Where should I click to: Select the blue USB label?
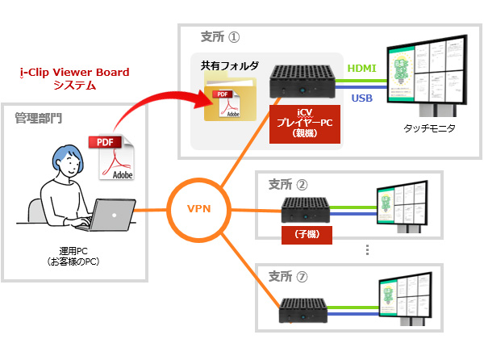click(361, 98)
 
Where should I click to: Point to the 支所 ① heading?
click(221, 37)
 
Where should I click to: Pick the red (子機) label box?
click(305, 234)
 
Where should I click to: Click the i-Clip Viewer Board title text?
click(73, 73)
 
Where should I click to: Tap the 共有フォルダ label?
click(228, 64)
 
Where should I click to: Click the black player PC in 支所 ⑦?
click(305, 305)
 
